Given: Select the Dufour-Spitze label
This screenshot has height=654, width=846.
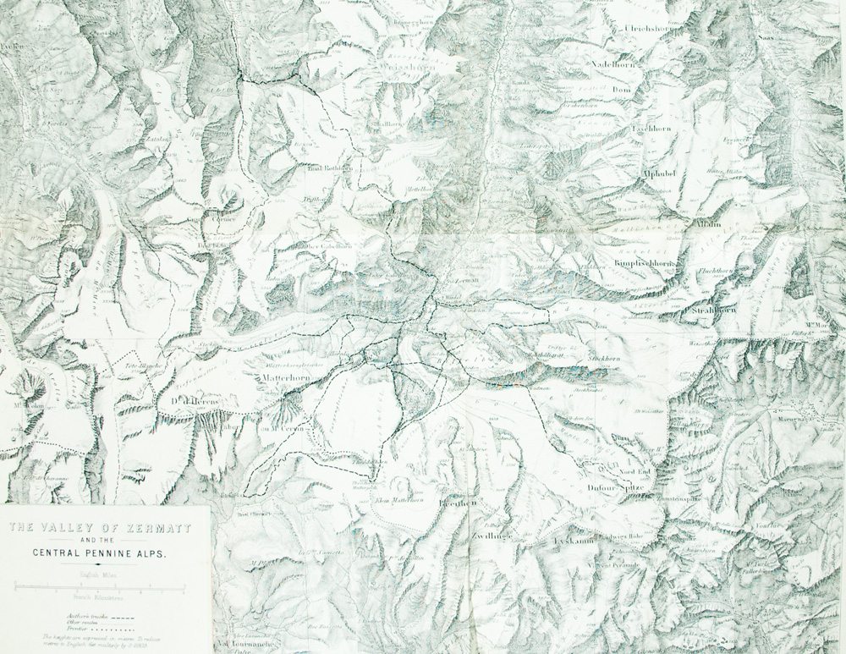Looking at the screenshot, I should [615, 488].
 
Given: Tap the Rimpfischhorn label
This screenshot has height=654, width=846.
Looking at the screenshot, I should [642, 264].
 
